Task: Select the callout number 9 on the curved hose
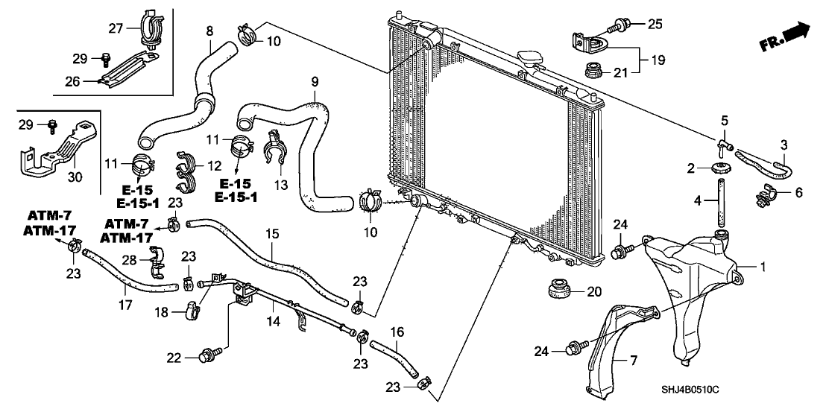tap(315, 80)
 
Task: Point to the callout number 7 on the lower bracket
tap(633, 361)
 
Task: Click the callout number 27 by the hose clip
tap(115, 29)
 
